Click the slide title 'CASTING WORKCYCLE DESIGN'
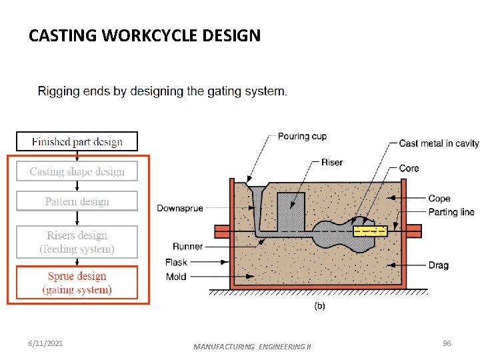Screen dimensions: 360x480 [145, 35]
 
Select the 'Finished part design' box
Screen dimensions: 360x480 [77, 141]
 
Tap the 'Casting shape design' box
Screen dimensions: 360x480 [77, 171]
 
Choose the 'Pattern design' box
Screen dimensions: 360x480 [77, 201]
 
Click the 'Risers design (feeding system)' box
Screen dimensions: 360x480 [77, 242]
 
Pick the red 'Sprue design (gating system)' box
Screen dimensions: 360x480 [77, 283]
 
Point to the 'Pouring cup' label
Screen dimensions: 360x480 [302, 136]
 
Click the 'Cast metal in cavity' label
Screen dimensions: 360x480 [439, 143]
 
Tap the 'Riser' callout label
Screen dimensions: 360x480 [332, 162]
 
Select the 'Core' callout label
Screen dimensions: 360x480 [409, 168]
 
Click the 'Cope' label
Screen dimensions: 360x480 [439, 199]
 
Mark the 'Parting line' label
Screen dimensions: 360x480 [451, 212]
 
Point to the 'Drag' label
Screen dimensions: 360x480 [438, 265]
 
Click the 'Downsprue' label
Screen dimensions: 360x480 [180, 209]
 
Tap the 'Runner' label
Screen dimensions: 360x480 [188, 247]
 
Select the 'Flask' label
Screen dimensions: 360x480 [177, 263]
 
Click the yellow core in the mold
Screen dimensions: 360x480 [369, 231]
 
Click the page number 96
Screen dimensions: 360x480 [447, 343]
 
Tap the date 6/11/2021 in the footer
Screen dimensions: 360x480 [46, 343]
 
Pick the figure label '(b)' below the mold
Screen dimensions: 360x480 [320, 306]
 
